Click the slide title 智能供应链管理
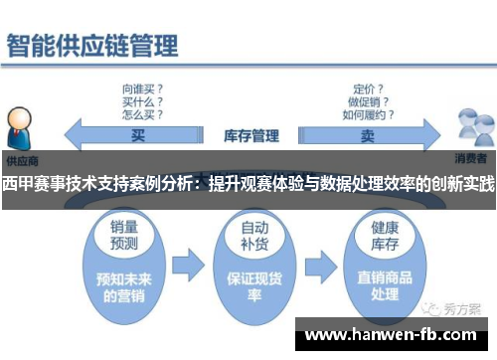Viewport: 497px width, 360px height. tap(93, 46)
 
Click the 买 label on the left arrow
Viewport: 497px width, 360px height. tap(138, 133)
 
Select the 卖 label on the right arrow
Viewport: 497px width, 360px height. tap(369, 134)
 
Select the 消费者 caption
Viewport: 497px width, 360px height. tap(472, 159)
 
